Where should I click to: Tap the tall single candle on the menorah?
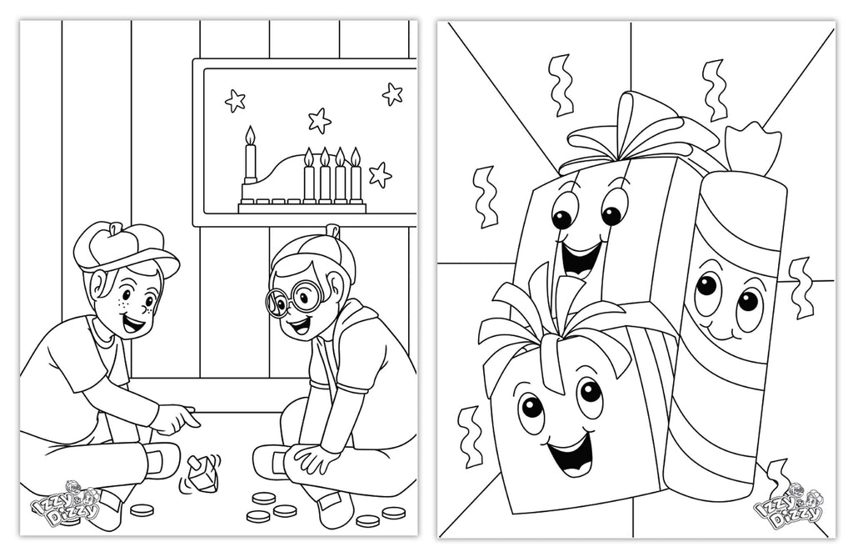[x=250, y=163]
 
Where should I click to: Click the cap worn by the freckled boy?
[x=125, y=246]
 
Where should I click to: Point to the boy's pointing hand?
[x=179, y=419]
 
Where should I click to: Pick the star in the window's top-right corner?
[x=392, y=93]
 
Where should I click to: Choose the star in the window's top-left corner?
[x=236, y=101]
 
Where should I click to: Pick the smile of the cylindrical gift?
[x=716, y=334]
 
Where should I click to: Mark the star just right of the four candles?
[x=380, y=175]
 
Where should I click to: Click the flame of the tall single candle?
[x=250, y=134]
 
